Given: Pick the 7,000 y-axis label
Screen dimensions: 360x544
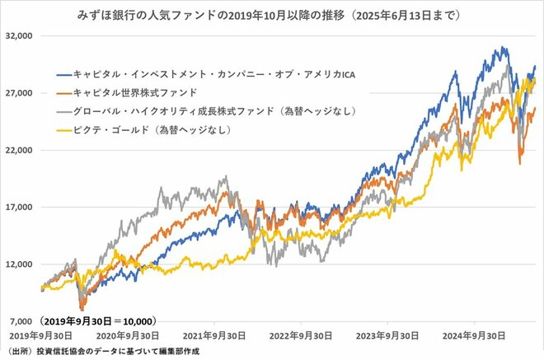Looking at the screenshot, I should tap(19, 320).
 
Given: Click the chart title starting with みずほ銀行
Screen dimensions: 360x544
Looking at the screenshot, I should tap(272, 15).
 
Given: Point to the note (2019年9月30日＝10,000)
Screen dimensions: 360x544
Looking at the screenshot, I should tap(97, 320).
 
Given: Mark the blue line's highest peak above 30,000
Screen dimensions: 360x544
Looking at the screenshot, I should tap(502, 48).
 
